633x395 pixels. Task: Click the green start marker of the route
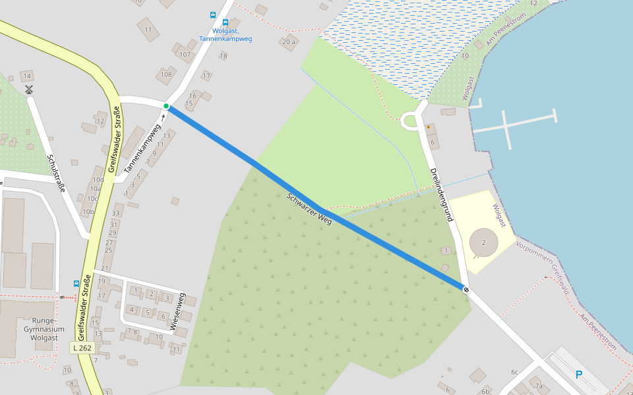166,106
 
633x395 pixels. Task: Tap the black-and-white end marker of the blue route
466,289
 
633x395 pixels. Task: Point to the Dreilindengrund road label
441,194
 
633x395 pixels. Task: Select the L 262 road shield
83,347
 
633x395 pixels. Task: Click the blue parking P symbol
579,375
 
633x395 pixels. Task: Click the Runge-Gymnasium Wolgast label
44,329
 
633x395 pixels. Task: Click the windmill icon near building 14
28,89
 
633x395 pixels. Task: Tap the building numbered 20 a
288,43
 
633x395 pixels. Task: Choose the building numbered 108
166,74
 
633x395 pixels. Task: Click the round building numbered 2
484,243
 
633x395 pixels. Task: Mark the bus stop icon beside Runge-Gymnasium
76,284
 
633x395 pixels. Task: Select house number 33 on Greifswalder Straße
117,213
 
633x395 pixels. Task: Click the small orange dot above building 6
428,127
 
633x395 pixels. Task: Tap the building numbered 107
185,55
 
